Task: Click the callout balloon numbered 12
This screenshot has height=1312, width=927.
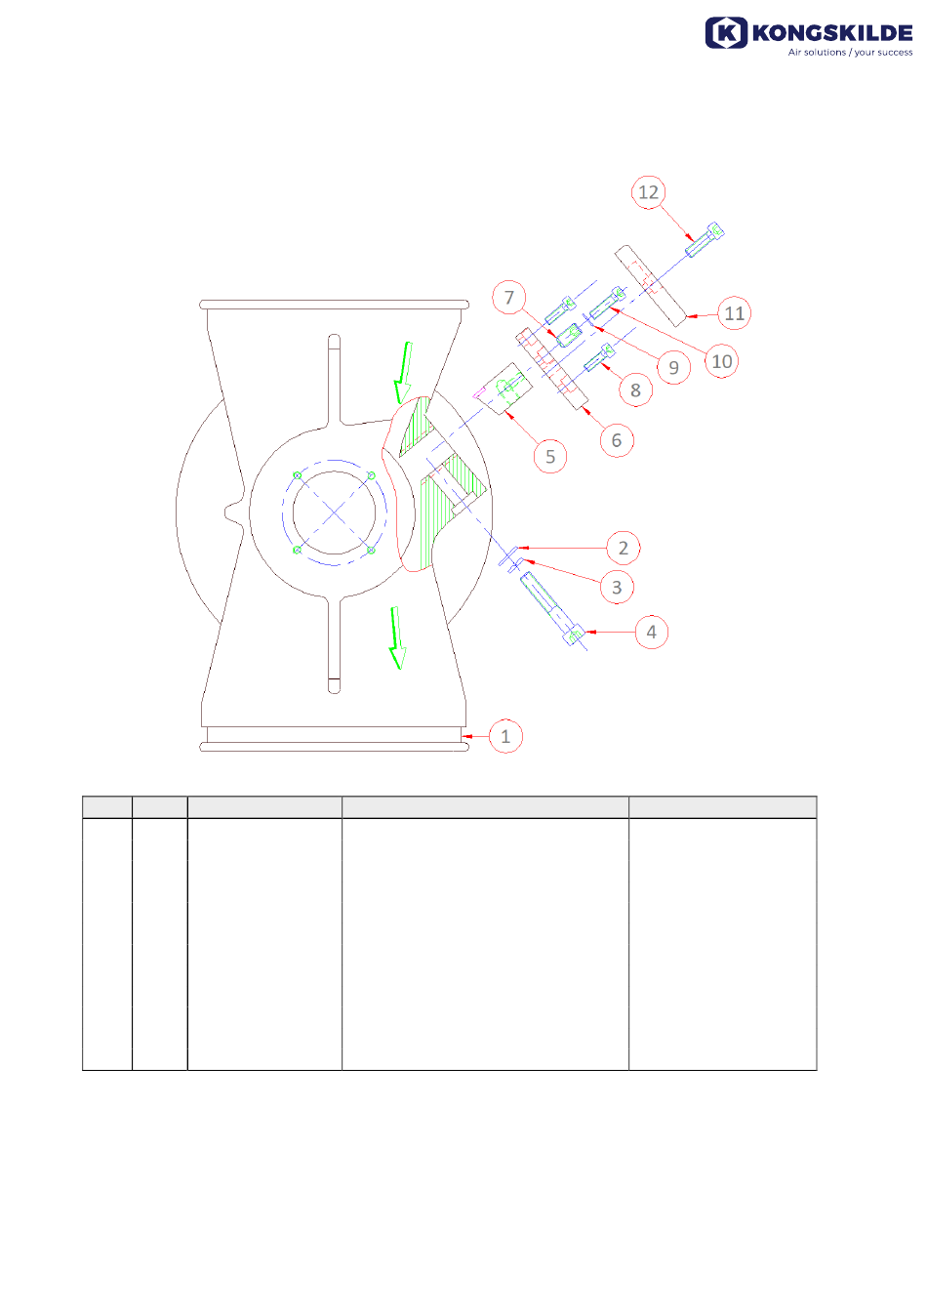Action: pyautogui.click(x=648, y=192)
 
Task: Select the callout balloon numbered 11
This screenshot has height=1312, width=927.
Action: pyautogui.click(x=734, y=313)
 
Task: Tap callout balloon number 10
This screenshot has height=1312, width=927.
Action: pyautogui.click(x=721, y=361)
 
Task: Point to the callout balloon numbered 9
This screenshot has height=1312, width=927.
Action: pyautogui.click(x=673, y=367)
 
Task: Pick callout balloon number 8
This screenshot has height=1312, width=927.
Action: pyautogui.click(x=635, y=389)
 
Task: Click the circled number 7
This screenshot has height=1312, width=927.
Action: pyautogui.click(x=509, y=298)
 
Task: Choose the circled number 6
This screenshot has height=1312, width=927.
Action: pyautogui.click(x=617, y=440)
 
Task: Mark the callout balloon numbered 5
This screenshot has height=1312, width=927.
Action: pyautogui.click(x=550, y=456)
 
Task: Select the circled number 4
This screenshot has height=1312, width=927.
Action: pyautogui.click(x=651, y=632)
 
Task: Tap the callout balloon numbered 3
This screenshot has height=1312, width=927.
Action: pyautogui.click(x=617, y=587)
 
